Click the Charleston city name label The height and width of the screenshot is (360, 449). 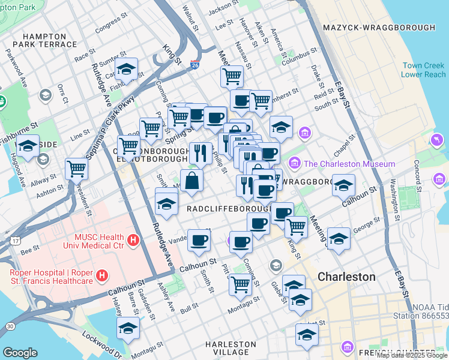point(346,277)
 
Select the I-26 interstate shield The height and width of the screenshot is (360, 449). point(194,64)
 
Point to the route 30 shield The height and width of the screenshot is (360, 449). point(10,325)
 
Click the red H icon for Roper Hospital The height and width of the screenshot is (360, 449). point(103,276)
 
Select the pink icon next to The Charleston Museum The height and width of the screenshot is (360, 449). point(294,163)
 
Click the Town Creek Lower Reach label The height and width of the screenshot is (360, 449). point(424,70)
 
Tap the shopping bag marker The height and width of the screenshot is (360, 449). point(191,181)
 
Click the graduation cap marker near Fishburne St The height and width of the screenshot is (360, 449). point(28,146)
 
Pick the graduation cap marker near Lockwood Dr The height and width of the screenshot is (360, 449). point(128,328)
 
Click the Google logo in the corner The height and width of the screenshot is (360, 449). point(20,353)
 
